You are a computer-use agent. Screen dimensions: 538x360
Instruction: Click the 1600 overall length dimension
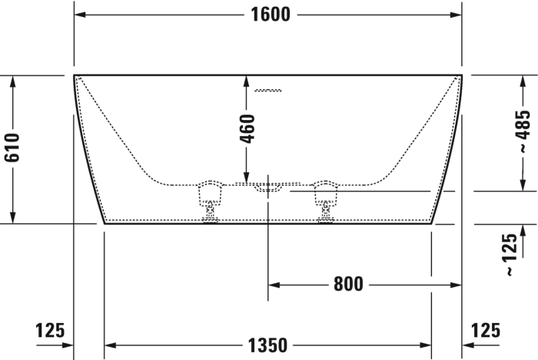tap(271, 15)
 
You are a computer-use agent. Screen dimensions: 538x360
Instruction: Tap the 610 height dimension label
tap(12, 148)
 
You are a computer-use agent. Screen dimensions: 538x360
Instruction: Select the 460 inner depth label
tap(247, 128)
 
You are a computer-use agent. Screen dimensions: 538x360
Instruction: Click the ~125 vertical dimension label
tap(511, 254)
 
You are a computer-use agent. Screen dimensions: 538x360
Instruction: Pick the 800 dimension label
tap(348, 285)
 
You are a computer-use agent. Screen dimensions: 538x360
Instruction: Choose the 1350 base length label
tap(267, 345)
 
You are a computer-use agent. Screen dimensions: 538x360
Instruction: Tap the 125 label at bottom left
tap(50, 331)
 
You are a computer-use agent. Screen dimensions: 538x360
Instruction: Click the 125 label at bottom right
tap(486, 331)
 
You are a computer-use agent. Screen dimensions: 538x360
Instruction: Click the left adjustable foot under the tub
tap(210, 201)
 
